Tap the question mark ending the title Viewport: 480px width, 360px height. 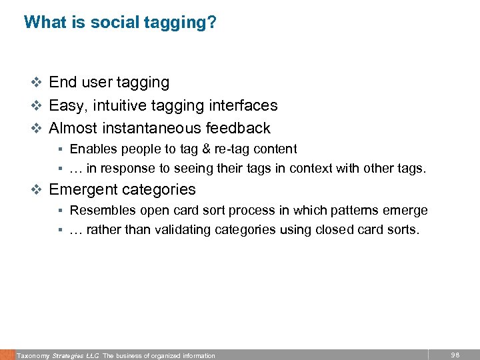[x=212, y=22]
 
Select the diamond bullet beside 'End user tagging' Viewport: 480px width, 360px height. [x=37, y=83]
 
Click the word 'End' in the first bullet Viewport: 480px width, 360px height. [x=63, y=82]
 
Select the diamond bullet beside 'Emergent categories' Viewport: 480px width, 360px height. [x=37, y=190]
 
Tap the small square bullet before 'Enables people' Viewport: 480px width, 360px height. [x=59, y=149]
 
